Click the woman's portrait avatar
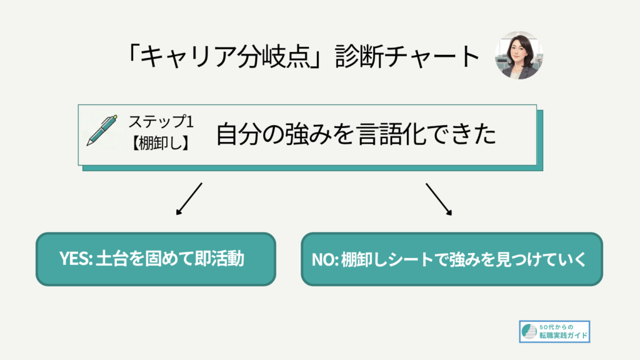pyautogui.click(x=519, y=55)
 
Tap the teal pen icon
pyautogui.click(x=102, y=130)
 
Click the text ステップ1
pyautogui.click(x=161, y=122)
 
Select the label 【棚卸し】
pyautogui.click(x=161, y=143)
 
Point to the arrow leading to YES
pyautogui.click(x=189, y=199)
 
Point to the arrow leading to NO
pyautogui.click(x=439, y=199)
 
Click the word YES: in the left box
pyautogui.click(x=76, y=259)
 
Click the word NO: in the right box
pyautogui.click(x=325, y=259)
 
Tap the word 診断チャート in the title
pyautogui.click(x=407, y=56)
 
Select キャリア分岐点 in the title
pyautogui.click(x=225, y=56)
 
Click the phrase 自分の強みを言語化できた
pyautogui.click(x=356, y=134)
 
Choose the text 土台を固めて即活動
pyautogui.click(x=170, y=259)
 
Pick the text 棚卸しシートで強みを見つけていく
pyautogui.click(x=464, y=259)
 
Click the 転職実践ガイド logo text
pyautogui.click(x=564, y=336)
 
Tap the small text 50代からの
pyautogui.click(x=556, y=327)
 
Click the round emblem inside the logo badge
pyautogui.click(x=529, y=331)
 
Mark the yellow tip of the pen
pyautogui.click(x=116, y=117)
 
